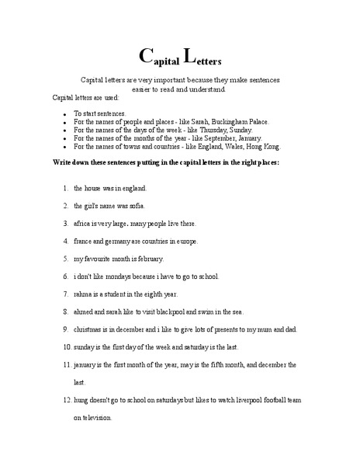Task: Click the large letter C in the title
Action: click(x=145, y=55)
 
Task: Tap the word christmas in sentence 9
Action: click(x=89, y=329)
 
